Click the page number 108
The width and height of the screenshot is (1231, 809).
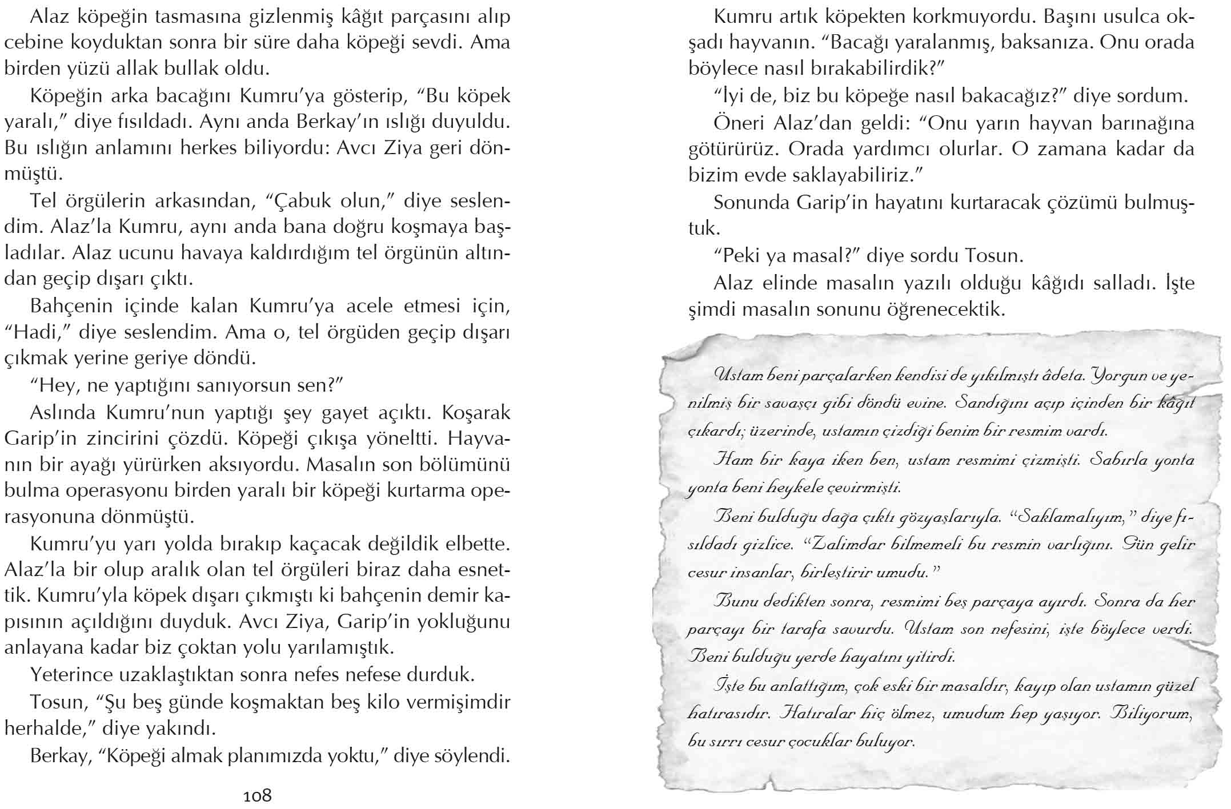(x=257, y=795)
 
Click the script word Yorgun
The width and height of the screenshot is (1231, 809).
(x=1120, y=376)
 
